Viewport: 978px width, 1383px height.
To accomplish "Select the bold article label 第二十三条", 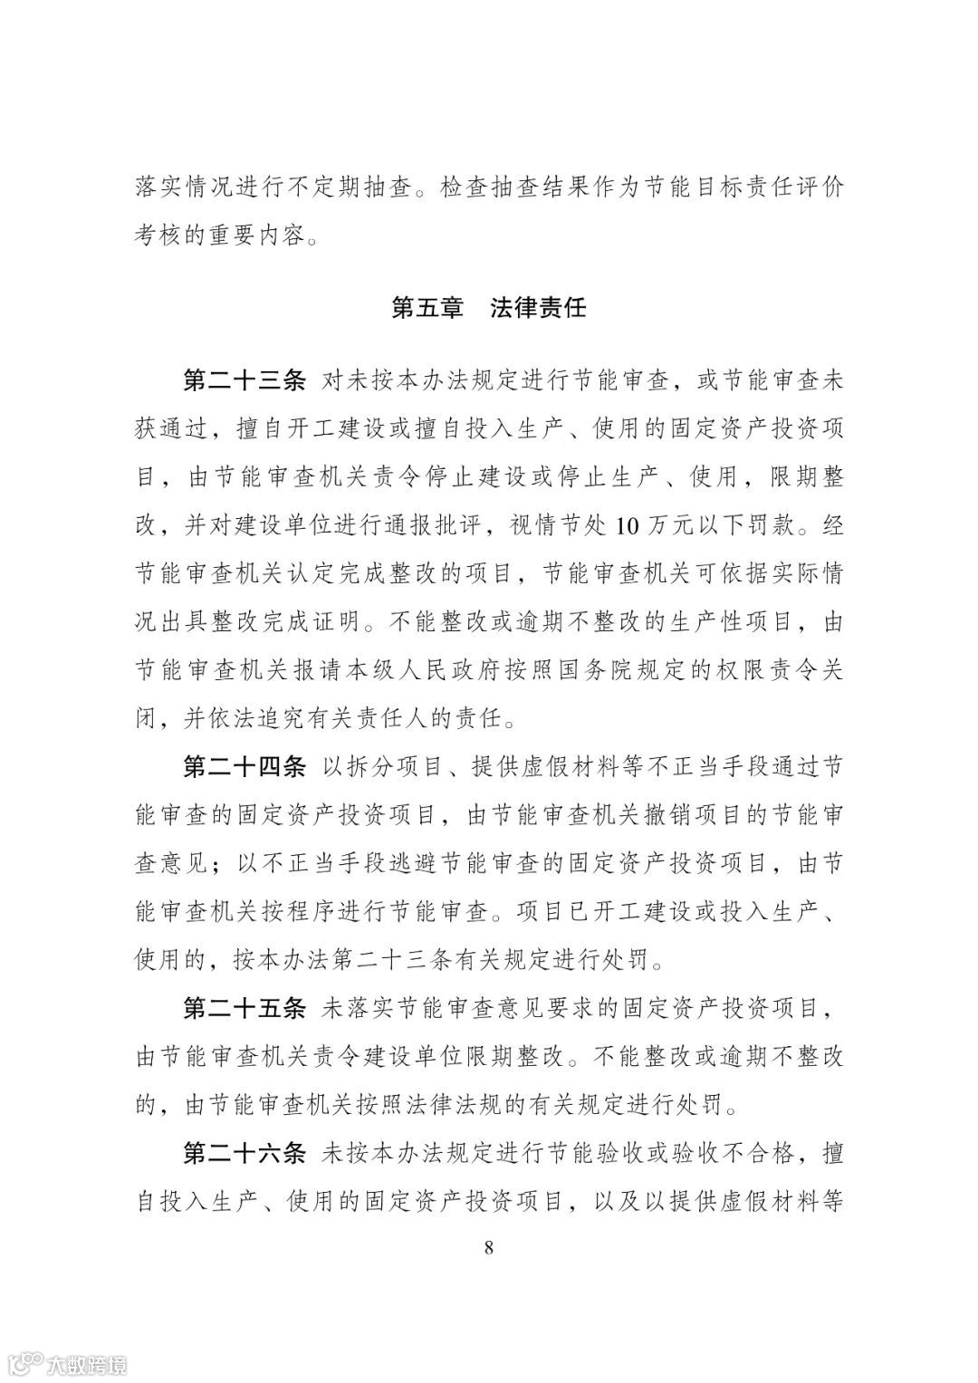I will [245, 380].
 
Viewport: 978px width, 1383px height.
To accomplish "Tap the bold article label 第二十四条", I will [245, 767].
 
